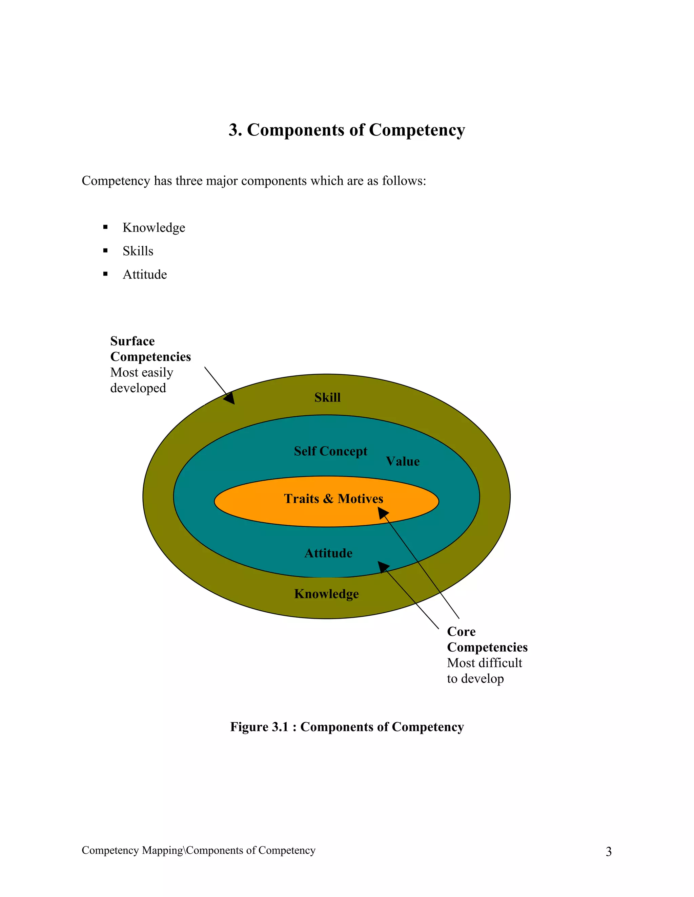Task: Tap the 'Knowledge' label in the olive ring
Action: (326, 594)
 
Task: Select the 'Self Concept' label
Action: (330, 451)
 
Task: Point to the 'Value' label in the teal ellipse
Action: (403, 461)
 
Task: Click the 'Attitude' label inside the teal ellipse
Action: (328, 553)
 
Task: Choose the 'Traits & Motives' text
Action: (333, 499)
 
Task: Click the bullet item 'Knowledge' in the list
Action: (154, 227)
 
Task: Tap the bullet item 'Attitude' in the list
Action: (145, 275)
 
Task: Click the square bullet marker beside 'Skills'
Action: (105, 250)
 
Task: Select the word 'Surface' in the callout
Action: (132, 341)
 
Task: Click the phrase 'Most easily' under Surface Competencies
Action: (141, 373)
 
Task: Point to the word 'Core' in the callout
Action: (461, 632)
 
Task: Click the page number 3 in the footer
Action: (609, 852)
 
